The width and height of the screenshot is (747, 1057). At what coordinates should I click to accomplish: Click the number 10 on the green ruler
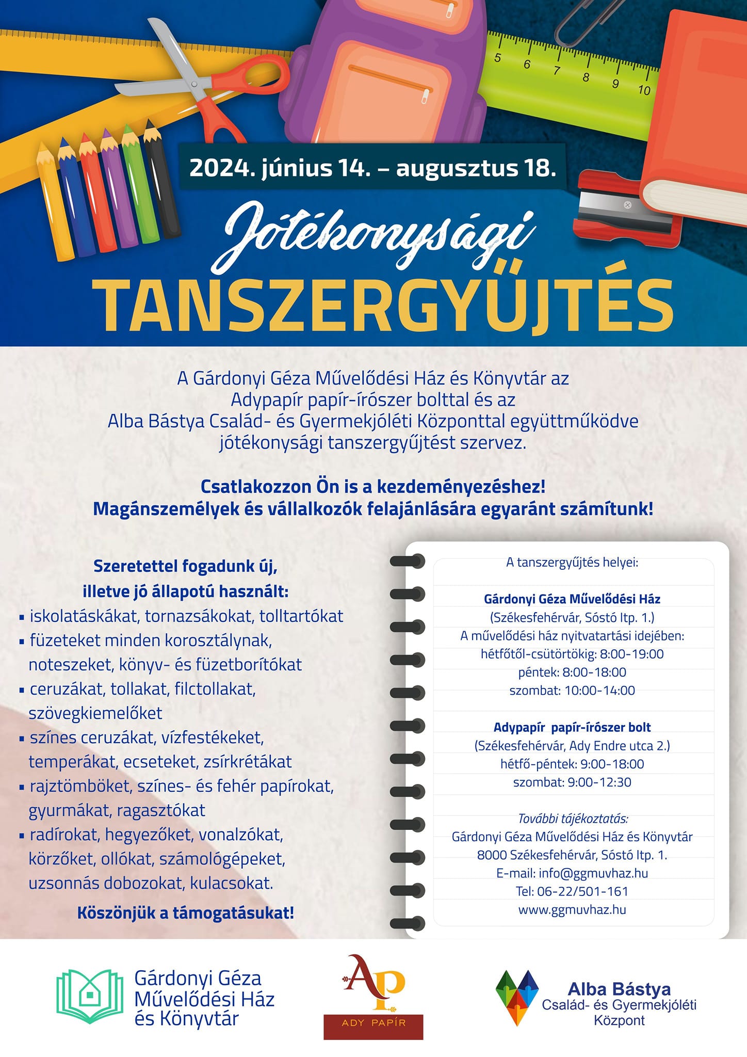[644, 90]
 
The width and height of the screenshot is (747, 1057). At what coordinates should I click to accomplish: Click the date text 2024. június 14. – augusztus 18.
[372, 168]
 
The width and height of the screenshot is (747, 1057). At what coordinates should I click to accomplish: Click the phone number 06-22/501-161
[572, 891]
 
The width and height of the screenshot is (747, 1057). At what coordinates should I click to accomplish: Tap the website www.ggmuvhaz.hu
[572, 909]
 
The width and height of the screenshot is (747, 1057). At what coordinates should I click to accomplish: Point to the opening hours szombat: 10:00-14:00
[572, 691]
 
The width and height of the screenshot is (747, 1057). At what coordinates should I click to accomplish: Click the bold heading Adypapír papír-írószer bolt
[572, 727]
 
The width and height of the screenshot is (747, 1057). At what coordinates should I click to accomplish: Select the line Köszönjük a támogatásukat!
[186, 912]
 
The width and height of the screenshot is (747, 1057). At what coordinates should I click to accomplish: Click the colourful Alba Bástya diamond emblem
[517, 997]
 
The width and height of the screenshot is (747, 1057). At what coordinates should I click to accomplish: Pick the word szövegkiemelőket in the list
[95, 713]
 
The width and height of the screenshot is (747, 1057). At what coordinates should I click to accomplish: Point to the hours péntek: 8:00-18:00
[572, 672]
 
